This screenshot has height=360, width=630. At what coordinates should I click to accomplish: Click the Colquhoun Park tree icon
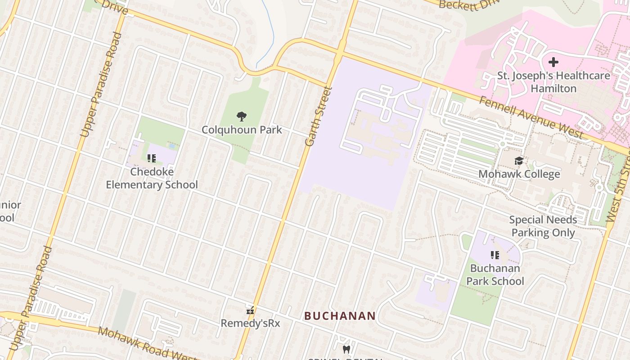(242, 117)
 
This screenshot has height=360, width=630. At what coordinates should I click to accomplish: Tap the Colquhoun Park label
(242, 130)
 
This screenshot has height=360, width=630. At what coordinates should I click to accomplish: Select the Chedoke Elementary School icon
(152, 158)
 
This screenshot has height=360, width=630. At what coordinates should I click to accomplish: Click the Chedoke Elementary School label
(152, 178)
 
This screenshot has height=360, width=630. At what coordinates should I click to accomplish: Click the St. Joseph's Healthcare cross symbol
(553, 62)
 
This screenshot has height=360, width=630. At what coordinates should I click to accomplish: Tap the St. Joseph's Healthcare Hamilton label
(553, 82)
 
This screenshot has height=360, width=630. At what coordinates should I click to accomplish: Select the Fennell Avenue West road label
(531, 117)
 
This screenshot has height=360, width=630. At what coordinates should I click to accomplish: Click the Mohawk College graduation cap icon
(519, 161)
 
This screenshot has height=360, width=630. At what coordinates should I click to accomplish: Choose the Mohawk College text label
(519, 174)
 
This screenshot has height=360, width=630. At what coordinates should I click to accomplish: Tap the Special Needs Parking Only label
(543, 226)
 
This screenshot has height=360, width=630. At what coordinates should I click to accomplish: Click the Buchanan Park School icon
(495, 255)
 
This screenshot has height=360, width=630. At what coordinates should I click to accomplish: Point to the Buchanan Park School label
(495, 274)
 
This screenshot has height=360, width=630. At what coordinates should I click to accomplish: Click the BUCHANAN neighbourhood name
(340, 316)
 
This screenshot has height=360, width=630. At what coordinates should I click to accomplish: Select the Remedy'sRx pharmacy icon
(251, 310)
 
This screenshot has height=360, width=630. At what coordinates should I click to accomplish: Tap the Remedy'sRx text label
(250, 323)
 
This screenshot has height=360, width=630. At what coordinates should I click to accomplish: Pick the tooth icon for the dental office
(346, 349)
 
